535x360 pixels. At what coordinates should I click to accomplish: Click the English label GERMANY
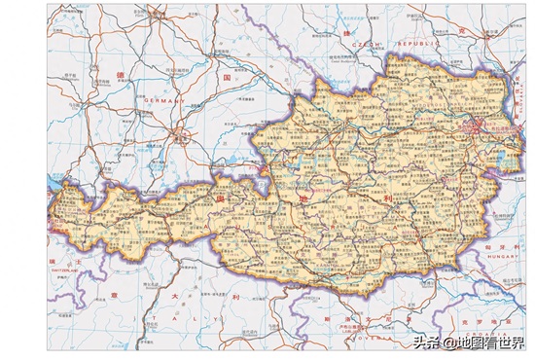tap(163, 99)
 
